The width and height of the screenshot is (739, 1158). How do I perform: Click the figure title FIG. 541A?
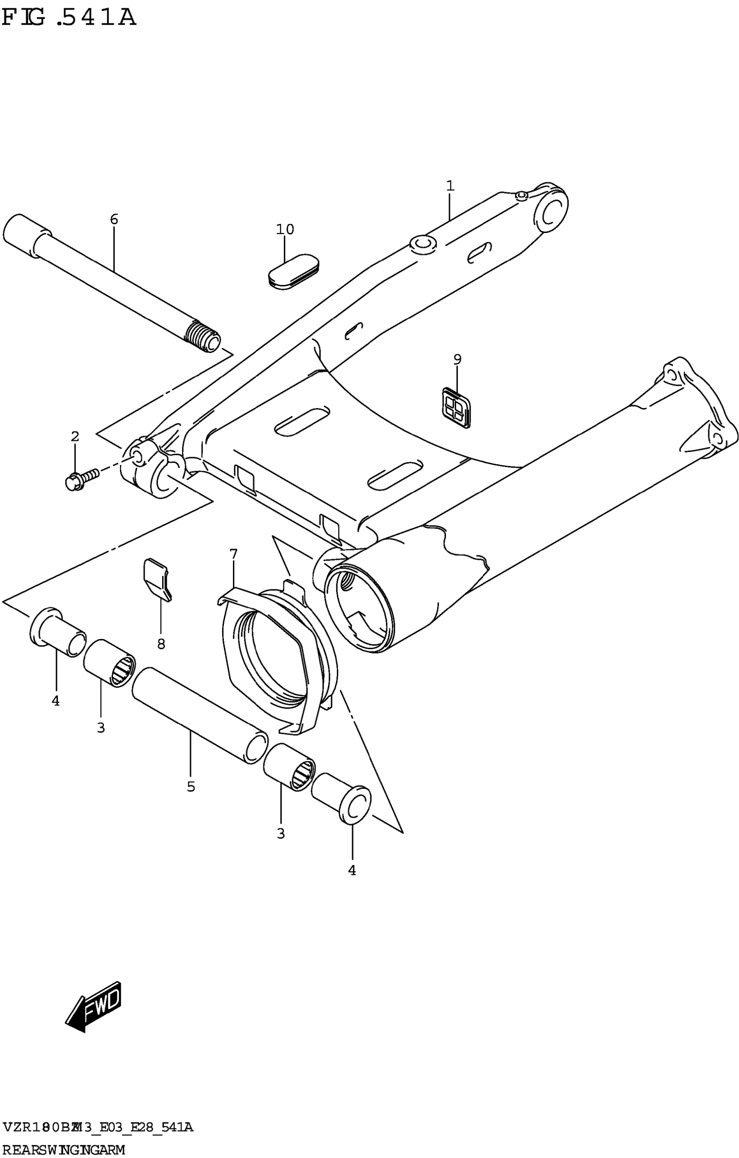click(69, 18)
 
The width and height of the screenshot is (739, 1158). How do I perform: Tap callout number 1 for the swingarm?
click(450, 186)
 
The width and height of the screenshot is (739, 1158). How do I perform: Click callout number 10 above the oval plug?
click(285, 230)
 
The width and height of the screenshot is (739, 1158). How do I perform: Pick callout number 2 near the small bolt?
click(75, 437)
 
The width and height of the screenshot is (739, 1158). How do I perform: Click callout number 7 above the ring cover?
click(234, 555)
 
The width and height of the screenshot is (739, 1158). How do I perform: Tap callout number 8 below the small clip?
click(161, 644)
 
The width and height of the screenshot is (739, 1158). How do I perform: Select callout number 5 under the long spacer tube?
click(191, 787)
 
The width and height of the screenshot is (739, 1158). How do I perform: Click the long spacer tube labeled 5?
click(200, 715)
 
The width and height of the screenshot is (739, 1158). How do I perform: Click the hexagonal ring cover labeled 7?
click(276, 659)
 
